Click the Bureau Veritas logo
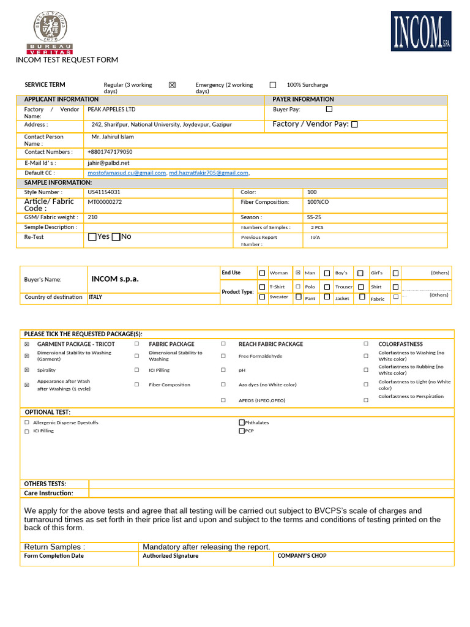(x=50, y=34)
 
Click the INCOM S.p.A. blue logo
(x=421, y=31)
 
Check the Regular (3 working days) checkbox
(x=172, y=85)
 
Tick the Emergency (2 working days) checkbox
(x=273, y=85)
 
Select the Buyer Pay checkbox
(x=329, y=109)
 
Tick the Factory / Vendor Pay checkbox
(x=354, y=124)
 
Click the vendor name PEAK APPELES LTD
(x=111, y=110)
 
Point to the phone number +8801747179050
(x=110, y=152)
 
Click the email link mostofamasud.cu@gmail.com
(x=127, y=173)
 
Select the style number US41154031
(x=104, y=192)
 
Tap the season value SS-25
(x=314, y=217)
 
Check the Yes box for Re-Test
(x=92, y=237)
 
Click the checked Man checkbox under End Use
(x=298, y=273)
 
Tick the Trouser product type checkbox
(x=327, y=287)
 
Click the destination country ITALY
(x=95, y=297)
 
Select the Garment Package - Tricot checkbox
(x=26, y=345)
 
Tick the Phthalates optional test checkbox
(x=241, y=422)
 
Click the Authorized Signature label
(x=170, y=556)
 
